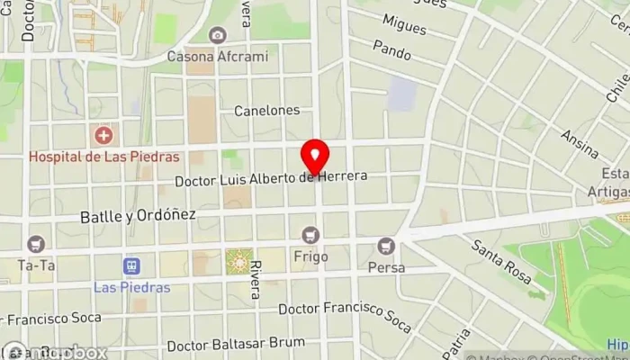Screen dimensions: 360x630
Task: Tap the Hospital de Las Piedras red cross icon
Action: [104, 136]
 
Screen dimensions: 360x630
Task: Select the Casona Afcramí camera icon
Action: [217, 35]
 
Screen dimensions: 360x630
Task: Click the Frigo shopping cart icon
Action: [311, 236]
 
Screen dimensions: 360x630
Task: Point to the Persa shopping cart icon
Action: [386, 245]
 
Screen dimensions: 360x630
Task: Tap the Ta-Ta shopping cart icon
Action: [36, 243]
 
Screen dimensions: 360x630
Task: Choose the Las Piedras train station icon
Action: [131, 266]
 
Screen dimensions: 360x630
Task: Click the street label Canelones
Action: [266, 111]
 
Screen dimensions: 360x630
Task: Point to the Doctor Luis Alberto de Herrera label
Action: [271, 178]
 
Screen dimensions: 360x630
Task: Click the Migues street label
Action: [404, 24]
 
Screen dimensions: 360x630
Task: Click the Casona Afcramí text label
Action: [218, 57]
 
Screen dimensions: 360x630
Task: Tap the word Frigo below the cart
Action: [310, 256]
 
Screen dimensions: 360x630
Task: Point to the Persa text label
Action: [386, 267]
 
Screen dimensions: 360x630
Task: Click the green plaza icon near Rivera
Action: [238, 262]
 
